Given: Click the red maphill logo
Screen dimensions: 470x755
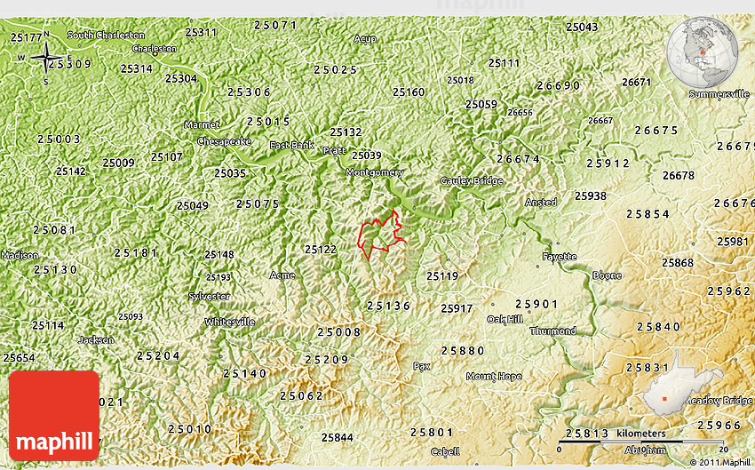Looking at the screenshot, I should [54, 415].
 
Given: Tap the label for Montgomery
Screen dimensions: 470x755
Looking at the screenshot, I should [374, 172].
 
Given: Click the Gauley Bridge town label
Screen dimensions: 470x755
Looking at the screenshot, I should [472, 181].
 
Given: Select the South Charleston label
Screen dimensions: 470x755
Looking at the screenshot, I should [106, 35].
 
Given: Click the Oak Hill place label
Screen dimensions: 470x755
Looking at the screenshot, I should [505, 319].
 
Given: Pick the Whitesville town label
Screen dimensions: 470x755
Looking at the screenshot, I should [229, 322].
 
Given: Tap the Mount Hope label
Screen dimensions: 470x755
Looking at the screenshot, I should [494, 376].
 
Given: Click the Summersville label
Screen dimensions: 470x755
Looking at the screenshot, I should [719, 93].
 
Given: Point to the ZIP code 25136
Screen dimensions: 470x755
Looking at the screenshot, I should [389, 306].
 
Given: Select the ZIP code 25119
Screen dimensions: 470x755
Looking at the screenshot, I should [442, 276].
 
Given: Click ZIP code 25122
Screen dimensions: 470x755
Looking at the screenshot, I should [321, 250].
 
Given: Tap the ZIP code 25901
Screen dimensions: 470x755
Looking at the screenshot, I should [537, 304].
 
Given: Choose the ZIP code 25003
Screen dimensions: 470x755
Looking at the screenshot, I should [60, 139].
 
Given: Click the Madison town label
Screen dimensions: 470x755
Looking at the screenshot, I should [19, 255].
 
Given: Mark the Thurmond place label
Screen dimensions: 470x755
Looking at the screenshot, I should [552, 331].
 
